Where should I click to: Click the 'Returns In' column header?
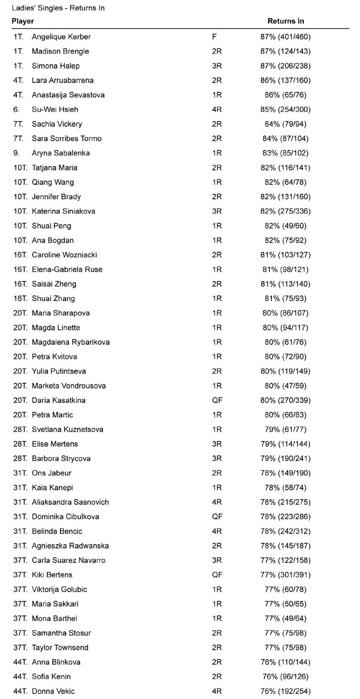[x=286, y=21]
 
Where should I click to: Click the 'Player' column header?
[x=23, y=21]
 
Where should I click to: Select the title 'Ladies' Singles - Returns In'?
[x=58, y=8]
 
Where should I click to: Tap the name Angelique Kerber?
[x=61, y=37]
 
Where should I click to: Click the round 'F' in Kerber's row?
[x=214, y=37]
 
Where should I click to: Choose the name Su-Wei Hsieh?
[x=55, y=110]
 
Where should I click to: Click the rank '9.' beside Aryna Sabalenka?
[x=16, y=153]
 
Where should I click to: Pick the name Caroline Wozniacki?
[x=64, y=255]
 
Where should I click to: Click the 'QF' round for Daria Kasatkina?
[x=217, y=400]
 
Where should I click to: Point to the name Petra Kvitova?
[x=54, y=357]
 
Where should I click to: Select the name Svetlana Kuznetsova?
[x=67, y=429]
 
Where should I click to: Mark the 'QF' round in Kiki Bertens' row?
[x=217, y=575]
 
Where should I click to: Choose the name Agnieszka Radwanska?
[x=70, y=546]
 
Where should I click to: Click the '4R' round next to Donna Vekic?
[x=217, y=691]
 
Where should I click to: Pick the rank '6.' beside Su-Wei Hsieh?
[x=16, y=110]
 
